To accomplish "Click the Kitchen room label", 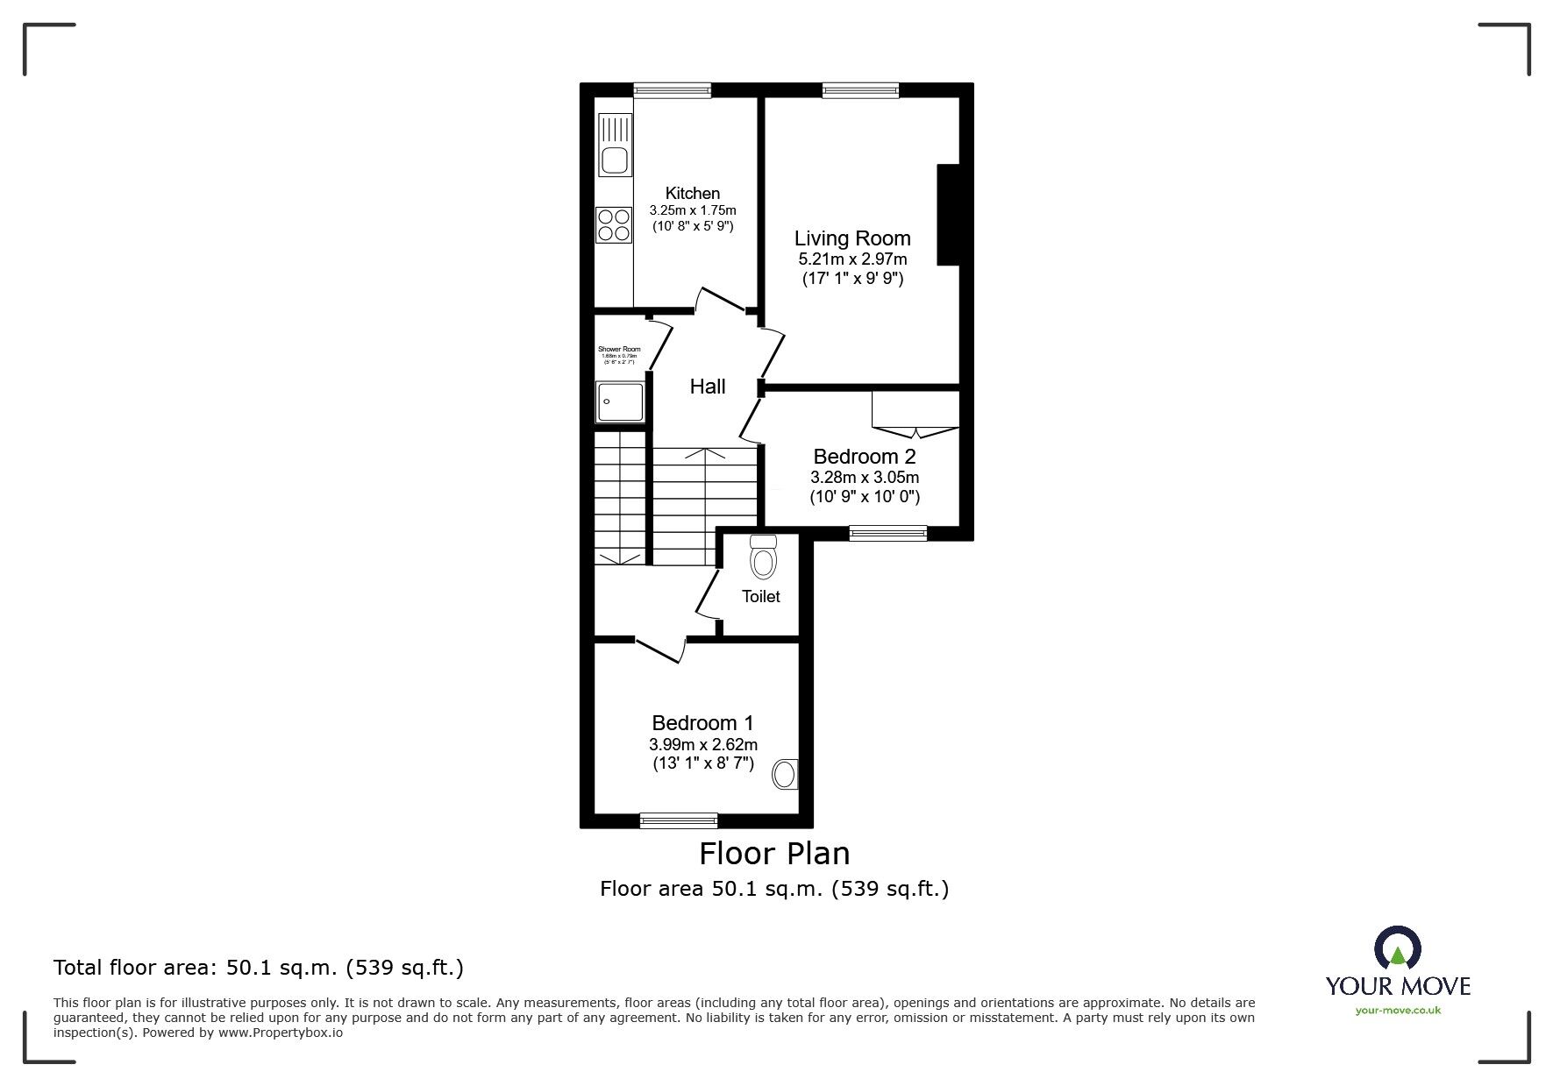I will point(692,193).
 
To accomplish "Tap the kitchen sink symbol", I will point(613,160).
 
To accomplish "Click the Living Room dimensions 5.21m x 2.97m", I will point(852,259).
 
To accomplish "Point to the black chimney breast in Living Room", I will point(949,215).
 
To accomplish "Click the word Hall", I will point(707,387).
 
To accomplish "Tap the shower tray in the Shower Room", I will point(620,402).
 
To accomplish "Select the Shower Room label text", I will point(619,349).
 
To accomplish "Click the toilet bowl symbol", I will point(764,561).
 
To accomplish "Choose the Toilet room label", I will point(760,596).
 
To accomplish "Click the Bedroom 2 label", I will point(864,457).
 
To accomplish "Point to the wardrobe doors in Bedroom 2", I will point(915,430).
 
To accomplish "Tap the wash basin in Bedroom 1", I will point(785,774).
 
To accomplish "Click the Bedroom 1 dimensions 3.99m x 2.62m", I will point(702,744).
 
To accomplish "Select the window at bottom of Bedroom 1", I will point(679,820).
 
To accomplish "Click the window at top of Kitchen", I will point(673,89).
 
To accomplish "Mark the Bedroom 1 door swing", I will point(659,649).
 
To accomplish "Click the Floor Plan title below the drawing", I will point(773,853).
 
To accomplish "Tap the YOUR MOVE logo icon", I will point(1397,950).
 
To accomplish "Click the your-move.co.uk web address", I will point(1398,1011).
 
